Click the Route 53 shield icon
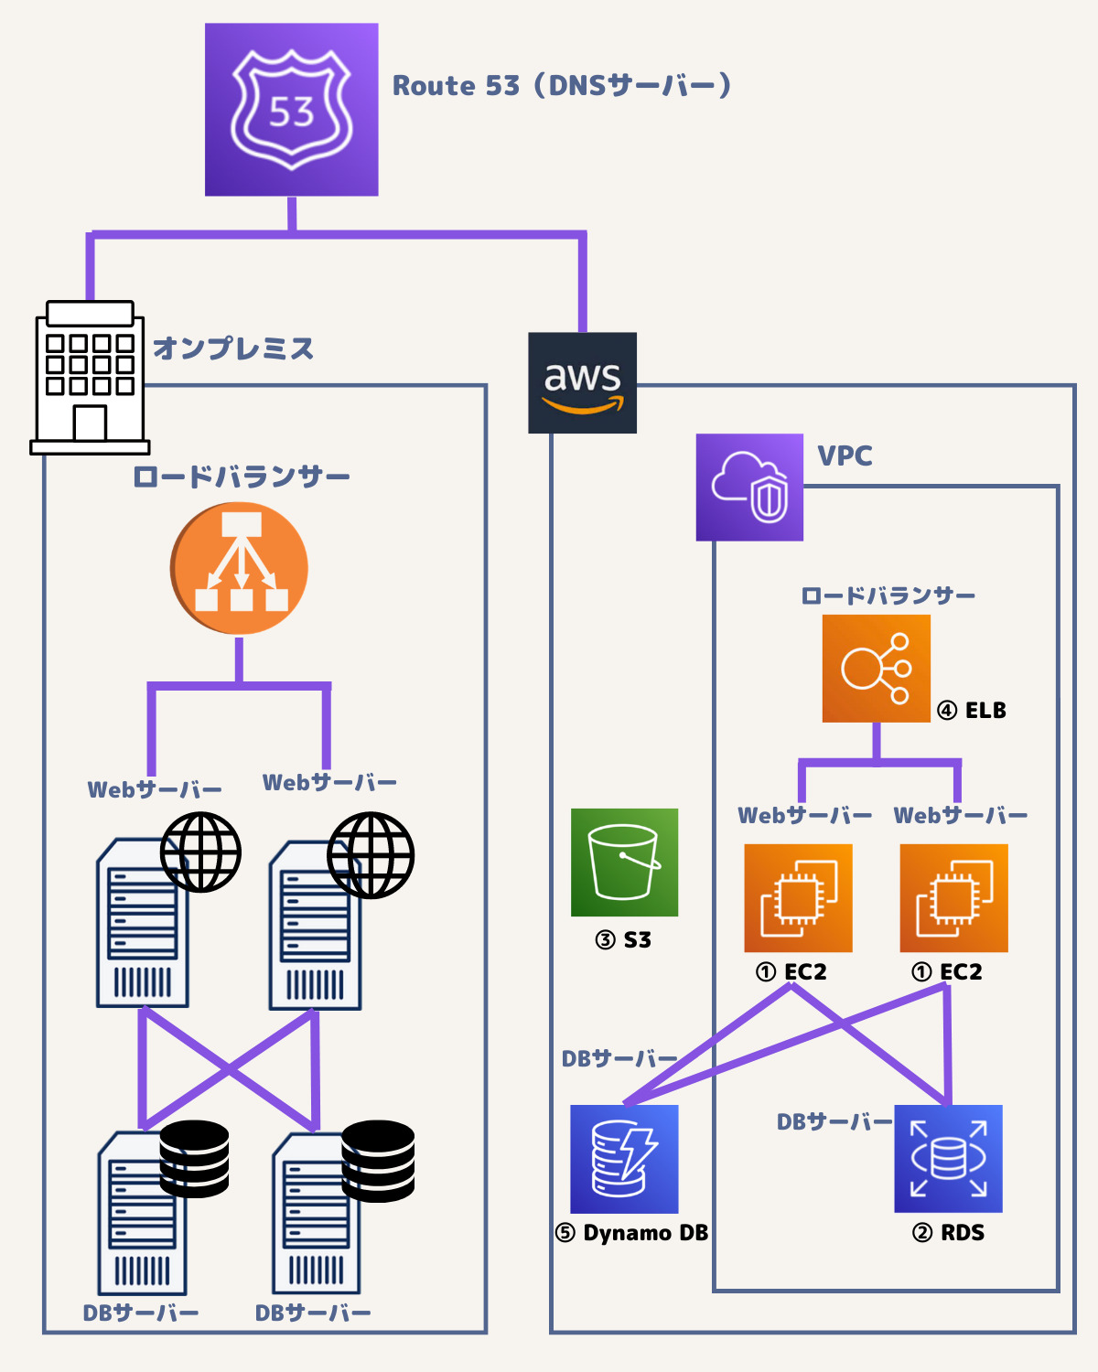pos(291,110)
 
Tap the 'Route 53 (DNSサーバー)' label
pos(561,86)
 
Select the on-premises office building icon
pos(90,378)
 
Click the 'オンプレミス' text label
pos(233,348)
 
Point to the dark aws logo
pos(582,382)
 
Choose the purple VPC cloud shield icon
pos(749,488)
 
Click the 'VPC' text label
pos(844,456)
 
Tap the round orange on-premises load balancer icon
pos(239,568)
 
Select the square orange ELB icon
pos(876,669)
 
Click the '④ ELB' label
pos(972,711)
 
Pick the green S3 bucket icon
pos(624,863)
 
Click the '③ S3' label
pos(623,940)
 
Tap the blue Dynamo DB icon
pos(624,1159)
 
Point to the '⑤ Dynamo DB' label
pos(631,1233)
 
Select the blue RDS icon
pos(948,1159)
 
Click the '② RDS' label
pos(948,1233)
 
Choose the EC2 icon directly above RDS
pos(953,898)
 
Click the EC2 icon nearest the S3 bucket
pos(798,898)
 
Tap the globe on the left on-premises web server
pos(200,852)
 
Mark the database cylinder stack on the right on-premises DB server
pos(378,1161)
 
